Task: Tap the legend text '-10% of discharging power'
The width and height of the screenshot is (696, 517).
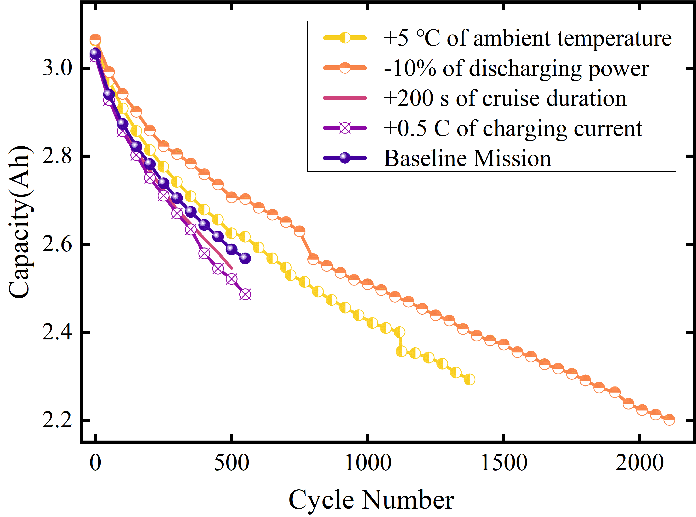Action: point(516,68)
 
